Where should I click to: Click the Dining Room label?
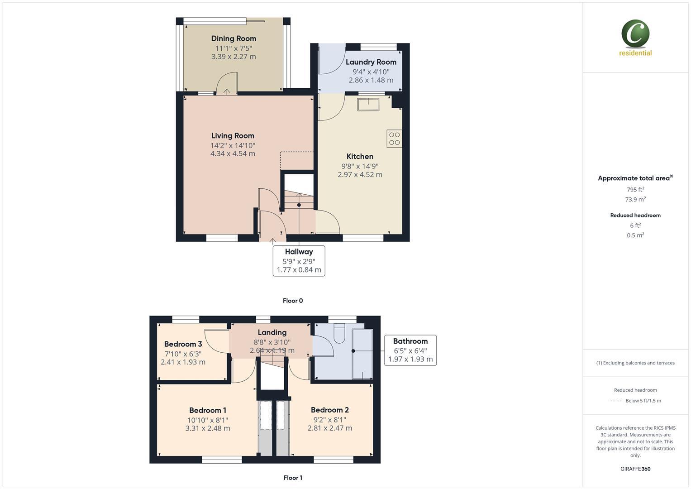pyautogui.click(x=234, y=38)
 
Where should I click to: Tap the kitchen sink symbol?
pyautogui.click(x=368, y=104)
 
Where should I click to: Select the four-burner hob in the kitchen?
pyautogui.click(x=394, y=139)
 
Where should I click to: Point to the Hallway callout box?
pyautogui.click(x=299, y=260)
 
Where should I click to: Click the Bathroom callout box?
pyautogui.click(x=410, y=350)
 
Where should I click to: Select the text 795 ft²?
pyautogui.click(x=635, y=190)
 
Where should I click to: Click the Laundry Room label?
pyautogui.click(x=371, y=62)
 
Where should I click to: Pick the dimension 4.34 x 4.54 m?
pyautogui.click(x=233, y=153)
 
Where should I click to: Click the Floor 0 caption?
pyautogui.click(x=293, y=301)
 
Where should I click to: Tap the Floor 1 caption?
pyautogui.click(x=293, y=478)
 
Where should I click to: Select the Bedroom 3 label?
pyautogui.click(x=183, y=344)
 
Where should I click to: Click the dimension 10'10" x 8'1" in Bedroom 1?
pyautogui.click(x=208, y=420)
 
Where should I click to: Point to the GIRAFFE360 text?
pyautogui.click(x=635, y=469)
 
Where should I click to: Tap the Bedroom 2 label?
pyautogui.click(x=329, y=410)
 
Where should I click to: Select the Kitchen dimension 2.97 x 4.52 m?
pyautogui.click(x=360, y=174)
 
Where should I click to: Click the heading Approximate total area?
pyautogui.click(x=634, y=178)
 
